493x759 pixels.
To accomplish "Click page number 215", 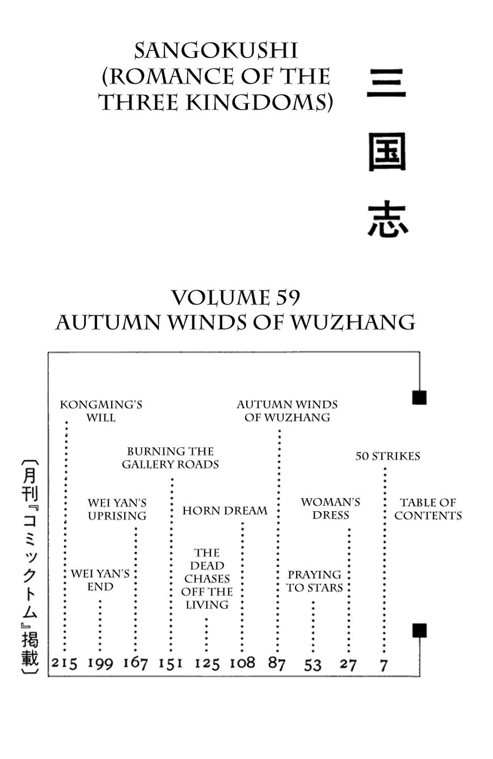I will (x=64, y=663).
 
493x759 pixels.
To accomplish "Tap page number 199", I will (x=100, y=663).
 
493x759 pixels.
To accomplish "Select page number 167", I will (x=136, y=662).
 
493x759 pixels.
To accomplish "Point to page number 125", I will (x=207, y=663).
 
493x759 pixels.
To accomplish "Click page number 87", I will (x=277, y=663).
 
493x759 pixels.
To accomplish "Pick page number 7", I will (x=384, y=665).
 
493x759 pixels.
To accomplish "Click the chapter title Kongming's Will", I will (x=101, y=411).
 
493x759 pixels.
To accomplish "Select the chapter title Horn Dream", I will (x=225, y=511).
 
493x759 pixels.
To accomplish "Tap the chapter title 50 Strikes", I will (x=387, y=456).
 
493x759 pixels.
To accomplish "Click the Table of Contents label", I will (x=428, y=509).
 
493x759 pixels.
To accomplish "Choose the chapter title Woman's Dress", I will (x=330, y=508).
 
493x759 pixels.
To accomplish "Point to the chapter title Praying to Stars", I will (x=314, y=581).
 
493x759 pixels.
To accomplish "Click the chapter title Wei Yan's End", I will (x=100, y=580).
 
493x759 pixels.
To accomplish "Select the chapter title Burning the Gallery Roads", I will (x=170, y=458).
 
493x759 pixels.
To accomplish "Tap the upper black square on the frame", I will (x=419, y=397).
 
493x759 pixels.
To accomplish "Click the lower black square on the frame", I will (x=419, y=630).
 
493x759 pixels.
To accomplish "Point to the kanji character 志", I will (x=387, y=219).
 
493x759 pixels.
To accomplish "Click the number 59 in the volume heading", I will (x=289, y=298).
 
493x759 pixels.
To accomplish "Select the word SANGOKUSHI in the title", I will (x=216, y=51).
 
